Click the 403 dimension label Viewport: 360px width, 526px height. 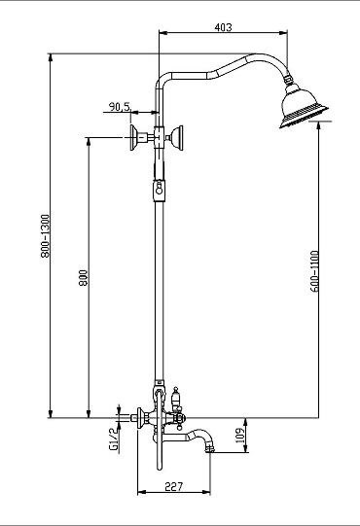pos(223,27)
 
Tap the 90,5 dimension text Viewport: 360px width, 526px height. pos(120,107)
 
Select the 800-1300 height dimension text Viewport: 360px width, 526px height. pos(45,236)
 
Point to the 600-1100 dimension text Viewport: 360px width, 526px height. pos(314,271)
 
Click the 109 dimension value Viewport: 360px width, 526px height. pos(239,435)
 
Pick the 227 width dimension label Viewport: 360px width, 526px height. pos(173,486)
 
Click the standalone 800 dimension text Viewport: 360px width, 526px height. pos(84,278)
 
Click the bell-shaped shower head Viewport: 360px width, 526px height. pos(304,107)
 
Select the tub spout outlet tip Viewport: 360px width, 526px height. pos(210,448)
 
